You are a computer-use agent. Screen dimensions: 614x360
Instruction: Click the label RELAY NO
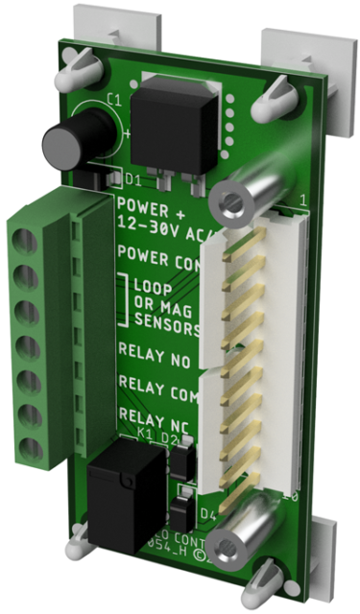tap(152, 351)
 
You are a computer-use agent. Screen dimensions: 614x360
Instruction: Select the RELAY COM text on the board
tap(154, 385)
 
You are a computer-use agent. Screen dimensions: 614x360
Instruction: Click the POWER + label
tap(148, 204)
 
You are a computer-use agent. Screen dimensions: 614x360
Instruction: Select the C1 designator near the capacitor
tap(114, 99)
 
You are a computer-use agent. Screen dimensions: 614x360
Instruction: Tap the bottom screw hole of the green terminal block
tap(27, 444)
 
